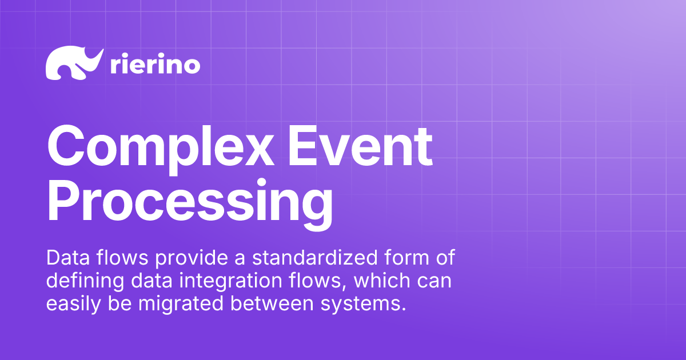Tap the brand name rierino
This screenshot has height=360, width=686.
(x=154, y=65)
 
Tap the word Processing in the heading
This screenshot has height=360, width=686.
(x=189, y=201)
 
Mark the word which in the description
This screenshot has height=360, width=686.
(x=364, y=281)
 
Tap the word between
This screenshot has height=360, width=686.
(x=265, y=304)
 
